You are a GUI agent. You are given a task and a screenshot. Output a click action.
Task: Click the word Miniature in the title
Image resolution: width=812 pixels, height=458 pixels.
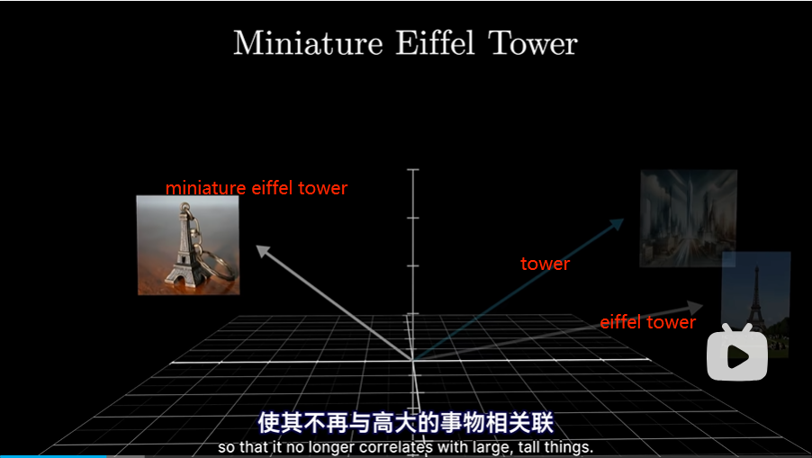[308, 43]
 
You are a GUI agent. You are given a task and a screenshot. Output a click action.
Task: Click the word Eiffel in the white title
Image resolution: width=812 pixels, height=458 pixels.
[436, 42]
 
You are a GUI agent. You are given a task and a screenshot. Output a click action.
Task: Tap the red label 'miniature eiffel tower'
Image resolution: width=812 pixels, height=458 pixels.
[257, 188]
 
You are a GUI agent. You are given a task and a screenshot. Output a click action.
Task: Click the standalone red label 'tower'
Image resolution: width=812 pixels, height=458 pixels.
[545, 264]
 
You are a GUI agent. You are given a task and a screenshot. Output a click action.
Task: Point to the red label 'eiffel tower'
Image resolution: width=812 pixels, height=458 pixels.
[648, 322]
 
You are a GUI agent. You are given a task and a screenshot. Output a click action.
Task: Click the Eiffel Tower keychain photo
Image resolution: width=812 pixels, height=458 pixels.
[188, 245]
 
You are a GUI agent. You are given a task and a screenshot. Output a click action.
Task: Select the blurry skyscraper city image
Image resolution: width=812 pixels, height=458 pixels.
[689, 218]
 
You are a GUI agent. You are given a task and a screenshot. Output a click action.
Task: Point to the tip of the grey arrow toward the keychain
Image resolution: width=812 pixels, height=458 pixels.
[257, 246]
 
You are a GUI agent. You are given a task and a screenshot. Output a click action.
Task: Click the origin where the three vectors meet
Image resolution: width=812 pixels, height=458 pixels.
[412, 359]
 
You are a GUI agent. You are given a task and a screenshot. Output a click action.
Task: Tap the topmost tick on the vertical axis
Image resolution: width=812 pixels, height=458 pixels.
[412, 169]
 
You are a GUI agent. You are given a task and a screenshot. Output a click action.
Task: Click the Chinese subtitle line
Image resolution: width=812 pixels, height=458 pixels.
[406, 423]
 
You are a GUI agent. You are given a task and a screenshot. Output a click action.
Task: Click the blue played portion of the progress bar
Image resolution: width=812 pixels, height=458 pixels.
[53, 456]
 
